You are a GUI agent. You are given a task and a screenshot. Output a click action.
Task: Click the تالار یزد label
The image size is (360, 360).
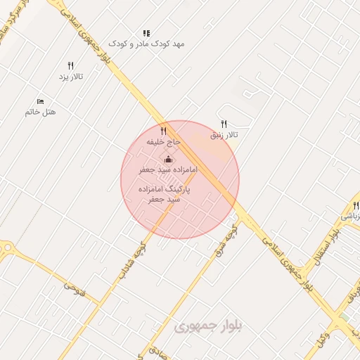72,76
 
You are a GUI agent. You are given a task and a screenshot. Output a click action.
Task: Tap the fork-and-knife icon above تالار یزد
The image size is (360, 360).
71,65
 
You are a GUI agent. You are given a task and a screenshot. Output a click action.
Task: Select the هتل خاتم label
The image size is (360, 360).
40,112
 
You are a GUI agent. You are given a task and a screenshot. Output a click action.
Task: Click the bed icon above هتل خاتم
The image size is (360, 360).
39,101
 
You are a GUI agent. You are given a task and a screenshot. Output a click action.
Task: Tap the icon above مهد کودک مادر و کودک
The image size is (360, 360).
146,33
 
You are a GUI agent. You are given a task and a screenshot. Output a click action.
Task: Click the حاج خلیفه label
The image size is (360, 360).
163,141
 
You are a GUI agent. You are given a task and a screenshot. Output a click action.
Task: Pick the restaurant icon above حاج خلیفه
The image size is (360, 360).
163,131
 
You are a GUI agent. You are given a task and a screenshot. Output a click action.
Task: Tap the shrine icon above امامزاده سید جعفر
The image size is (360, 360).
168,160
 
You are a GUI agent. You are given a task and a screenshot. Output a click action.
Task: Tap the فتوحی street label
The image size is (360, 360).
74,288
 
